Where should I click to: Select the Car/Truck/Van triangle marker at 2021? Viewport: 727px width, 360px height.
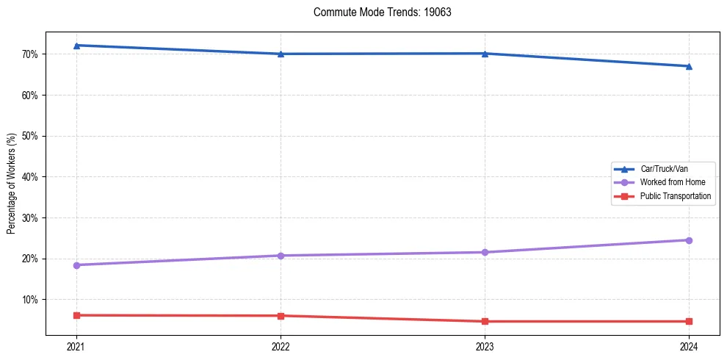click(76, 46)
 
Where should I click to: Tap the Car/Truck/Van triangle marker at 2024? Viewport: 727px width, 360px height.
click(689, 66)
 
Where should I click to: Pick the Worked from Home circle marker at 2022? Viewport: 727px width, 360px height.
click(281, 256)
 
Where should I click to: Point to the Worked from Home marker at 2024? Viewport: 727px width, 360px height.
click(689, 240)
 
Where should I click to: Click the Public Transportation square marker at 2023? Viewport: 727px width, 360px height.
click(485, 321)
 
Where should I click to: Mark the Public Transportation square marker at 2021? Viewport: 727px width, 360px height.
click(76, 315)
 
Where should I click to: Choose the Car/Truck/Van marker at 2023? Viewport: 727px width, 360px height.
click(485, 54)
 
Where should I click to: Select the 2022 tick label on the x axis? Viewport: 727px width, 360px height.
click(281, 346)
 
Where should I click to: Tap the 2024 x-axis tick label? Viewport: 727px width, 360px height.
click(689, 346)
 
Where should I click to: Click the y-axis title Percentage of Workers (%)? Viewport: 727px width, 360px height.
click(12, 184)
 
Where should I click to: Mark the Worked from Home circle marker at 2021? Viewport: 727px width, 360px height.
click(76, 265)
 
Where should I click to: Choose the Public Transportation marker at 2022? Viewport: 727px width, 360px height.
click(281, 316)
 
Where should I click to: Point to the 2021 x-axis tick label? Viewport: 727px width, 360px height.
click(76, 346)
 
